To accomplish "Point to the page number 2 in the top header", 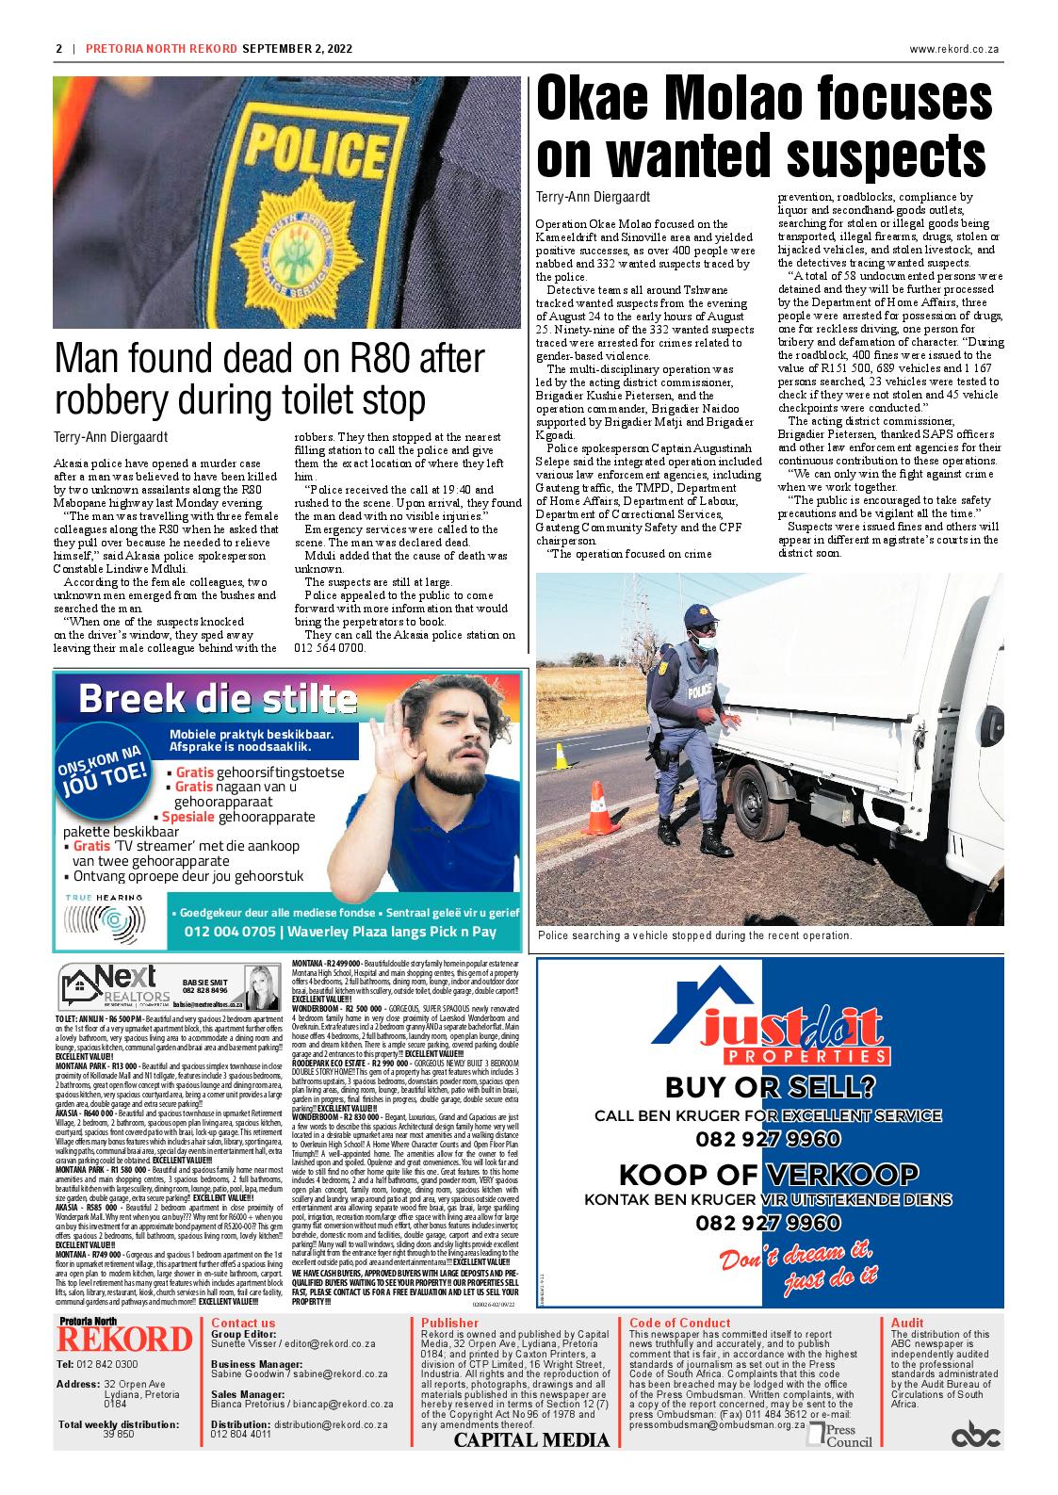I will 58,49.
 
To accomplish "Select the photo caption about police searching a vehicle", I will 694,935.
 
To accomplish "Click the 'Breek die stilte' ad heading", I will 218,700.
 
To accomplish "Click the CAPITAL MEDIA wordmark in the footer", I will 531,1439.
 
